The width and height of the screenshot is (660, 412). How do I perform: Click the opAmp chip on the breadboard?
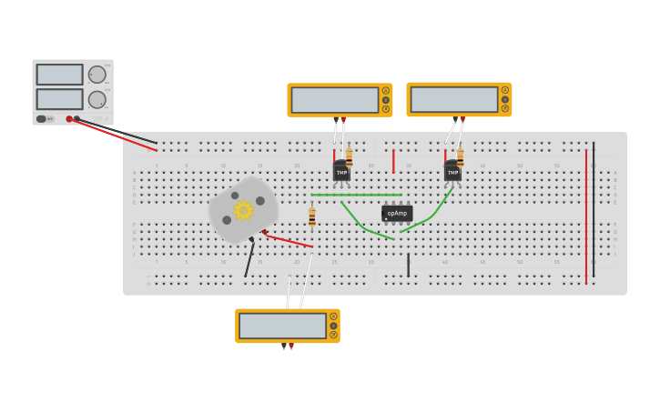point(397,214)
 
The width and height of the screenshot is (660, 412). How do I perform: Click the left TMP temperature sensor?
point(341,171)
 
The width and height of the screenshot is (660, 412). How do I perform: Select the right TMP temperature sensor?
point(452,171)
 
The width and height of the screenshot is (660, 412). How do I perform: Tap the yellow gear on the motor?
point(243,210)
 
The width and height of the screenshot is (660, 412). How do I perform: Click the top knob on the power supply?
point(96,75)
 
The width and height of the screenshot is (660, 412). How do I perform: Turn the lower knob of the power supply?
point(96,99)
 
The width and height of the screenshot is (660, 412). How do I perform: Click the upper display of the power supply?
point(59,75)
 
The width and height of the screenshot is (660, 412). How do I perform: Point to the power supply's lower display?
point(59,98)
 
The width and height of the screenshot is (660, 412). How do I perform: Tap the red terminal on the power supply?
point(69,119)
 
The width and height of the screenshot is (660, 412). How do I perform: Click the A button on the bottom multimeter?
point(333,317)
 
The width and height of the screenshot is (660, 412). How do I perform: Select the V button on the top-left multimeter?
point(385,100)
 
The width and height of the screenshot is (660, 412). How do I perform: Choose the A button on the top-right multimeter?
point(504,90)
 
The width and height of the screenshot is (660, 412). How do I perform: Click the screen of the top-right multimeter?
point(453,99)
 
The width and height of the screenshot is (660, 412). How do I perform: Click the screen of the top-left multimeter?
point(334,100)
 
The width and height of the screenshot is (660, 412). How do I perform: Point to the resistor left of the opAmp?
point(312,216)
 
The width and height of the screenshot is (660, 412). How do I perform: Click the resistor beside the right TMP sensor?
point(460,156)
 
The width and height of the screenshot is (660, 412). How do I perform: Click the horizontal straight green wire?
point(356,195)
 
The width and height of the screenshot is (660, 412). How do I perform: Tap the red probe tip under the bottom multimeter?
point(290,347)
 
